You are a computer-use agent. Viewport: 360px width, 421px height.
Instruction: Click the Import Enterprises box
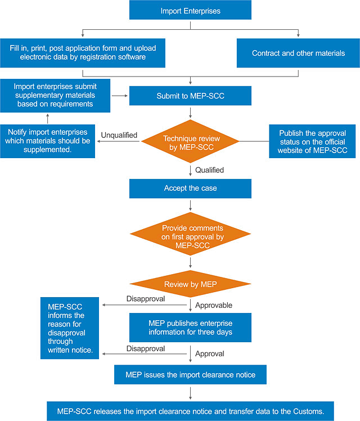pyautogui.click(x=190, y=11)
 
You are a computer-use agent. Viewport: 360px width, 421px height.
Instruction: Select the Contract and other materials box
pyautogui.click(x=298, y=53)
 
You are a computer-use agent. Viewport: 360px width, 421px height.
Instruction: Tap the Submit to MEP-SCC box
pyautogui.click(x=190, y=96)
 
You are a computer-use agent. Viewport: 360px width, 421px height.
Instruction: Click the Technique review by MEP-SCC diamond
pyautogui.click(x=190, y=142)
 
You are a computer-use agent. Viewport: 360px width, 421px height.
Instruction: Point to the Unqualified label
pyautogui.click(x=120, y=136)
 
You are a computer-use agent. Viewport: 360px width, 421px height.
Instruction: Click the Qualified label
pyautogui.click(x=209, y=169)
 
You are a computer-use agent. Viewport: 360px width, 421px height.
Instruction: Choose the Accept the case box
pyautogui.click(x=190, y=189)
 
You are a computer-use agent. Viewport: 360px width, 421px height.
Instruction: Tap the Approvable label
pyautogui.click(x=213, y=304)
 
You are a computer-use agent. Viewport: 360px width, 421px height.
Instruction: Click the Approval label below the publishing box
pyautogui.click(x=209, y=354)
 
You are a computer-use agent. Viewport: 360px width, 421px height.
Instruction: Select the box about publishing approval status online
pyautogui.click(x=313, y=142)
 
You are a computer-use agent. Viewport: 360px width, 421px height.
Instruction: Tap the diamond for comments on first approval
pyautogui.click(x=190, y=233)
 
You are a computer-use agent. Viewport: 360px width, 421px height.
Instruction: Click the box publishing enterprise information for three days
pyautogui.click(x=190, y=328)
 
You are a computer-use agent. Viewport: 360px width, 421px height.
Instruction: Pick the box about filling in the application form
pyautogui.click(x=83, y=53)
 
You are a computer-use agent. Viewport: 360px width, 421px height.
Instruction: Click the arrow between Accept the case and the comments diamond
pyautogui.click(x=190, y=205)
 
